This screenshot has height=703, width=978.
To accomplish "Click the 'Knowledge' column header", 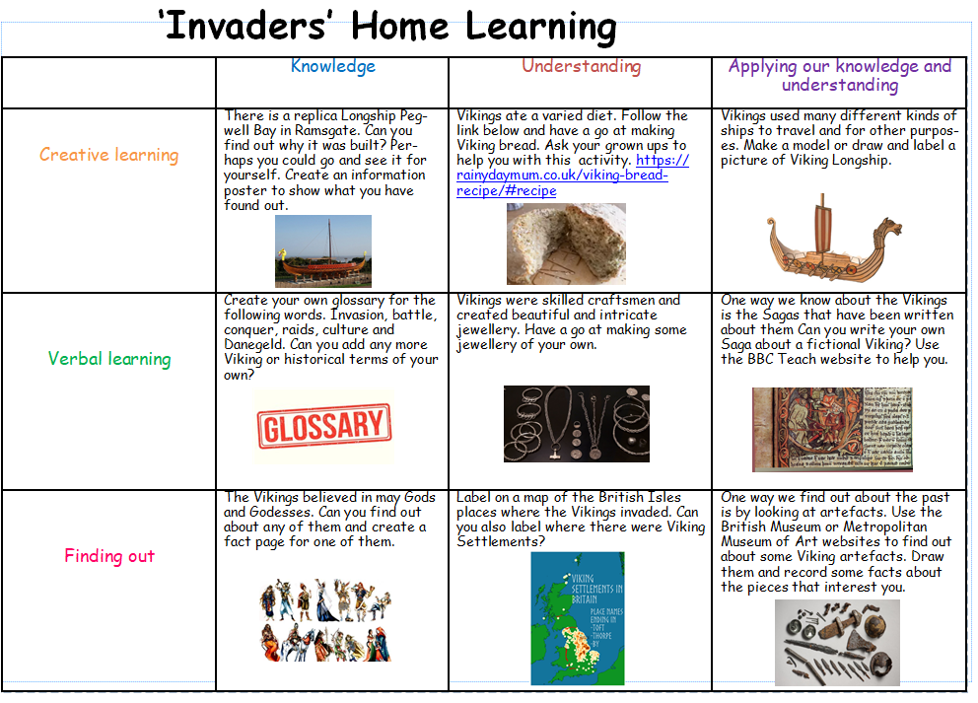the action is (333, 67).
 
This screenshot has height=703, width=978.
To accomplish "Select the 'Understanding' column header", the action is (582, 67).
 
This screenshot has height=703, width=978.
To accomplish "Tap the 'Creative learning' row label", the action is (109, 155).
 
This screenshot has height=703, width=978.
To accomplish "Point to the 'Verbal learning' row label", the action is (109, 359).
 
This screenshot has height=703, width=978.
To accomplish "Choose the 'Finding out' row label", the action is (109, 556).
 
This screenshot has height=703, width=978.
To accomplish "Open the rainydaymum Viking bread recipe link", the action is (572, 176).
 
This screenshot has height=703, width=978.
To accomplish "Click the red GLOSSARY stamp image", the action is (324, 426).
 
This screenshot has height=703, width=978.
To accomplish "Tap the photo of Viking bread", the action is (566, 244).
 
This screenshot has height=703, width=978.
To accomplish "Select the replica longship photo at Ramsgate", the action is (323, 251).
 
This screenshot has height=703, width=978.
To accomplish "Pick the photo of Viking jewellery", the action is (577, 424).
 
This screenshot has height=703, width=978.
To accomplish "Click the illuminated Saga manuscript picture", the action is (832, 429).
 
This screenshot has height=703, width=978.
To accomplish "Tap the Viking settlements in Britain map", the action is (578, 619).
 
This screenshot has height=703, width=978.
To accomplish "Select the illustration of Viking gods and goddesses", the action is (325, 619).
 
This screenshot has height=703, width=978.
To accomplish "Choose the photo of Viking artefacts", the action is (837, 643).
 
